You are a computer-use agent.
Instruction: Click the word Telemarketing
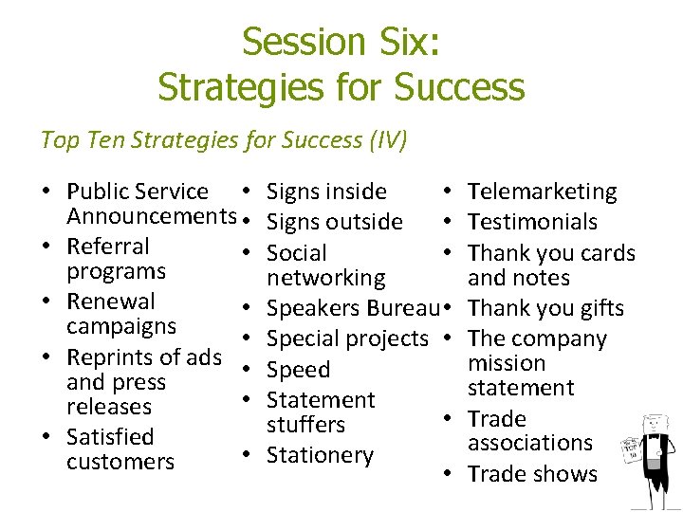[542, 192]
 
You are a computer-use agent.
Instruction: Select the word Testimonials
[532, 223]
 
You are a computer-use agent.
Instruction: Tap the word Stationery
[320, 455]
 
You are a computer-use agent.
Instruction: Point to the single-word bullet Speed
[298, 370]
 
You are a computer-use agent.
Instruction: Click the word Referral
[108, 247]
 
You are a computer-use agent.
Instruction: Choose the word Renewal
[110, 302]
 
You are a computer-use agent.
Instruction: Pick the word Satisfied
[110, 437]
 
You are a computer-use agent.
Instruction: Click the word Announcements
[149, 216]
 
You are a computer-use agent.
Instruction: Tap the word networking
[325, 278]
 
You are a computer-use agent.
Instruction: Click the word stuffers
[305, 425]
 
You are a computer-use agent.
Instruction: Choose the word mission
[507, 363]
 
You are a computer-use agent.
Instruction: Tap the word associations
[529, 443]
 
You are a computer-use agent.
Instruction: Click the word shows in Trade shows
[565, 474]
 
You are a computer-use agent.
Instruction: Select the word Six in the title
[412, 42]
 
